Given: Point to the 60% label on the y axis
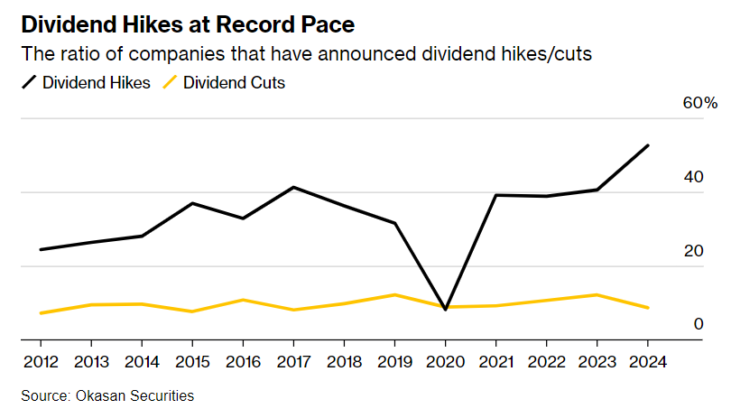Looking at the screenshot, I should coord(699,104).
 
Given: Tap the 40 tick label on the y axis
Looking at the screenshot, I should coord(693,178).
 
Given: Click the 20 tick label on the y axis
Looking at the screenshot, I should coord(693,251).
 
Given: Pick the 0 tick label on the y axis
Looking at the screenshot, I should coord(698,325).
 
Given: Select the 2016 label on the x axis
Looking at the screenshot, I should coord(242,363).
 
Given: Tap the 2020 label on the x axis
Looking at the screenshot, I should coord(445,363).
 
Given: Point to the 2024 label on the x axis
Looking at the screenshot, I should coord(647,363).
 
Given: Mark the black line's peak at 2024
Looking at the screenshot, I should coord(648,145).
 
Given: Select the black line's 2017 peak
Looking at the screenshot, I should coord(293,187).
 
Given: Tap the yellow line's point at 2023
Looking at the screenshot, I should coord(597,294).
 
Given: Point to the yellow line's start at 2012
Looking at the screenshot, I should coord(41,313).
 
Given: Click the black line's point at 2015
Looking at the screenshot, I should coord(192,203).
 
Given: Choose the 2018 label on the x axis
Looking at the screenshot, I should coord(344,363).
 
